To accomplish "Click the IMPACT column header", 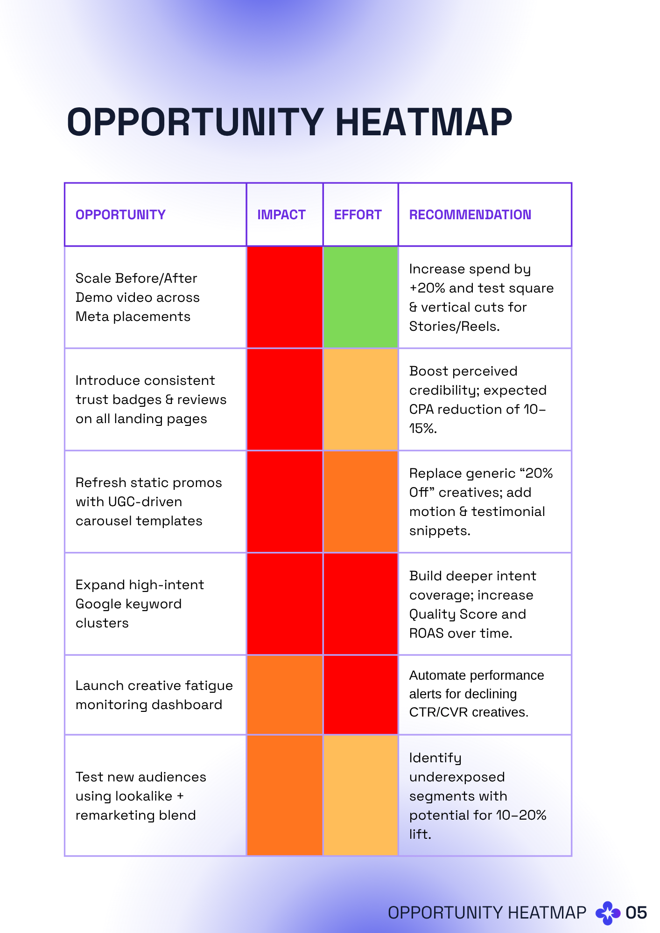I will pos(281,215).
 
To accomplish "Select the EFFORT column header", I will pos(358,215).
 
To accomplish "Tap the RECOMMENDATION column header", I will pos(470,215).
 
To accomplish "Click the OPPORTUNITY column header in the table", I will pos(120,215).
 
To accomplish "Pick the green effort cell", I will pos(360,297).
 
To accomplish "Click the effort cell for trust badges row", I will pos(360,399).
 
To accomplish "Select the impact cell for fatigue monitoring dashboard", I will pos(285,695).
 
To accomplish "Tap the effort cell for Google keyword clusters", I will pos(360,604).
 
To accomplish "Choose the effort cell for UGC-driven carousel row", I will pos(360,501).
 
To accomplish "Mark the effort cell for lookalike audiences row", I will pos(360,795).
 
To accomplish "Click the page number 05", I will pos(636,912).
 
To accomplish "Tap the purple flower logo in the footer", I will pos(608,913).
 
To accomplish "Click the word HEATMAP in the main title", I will pos(423,122).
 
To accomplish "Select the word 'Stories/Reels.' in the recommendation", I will pos(454,327).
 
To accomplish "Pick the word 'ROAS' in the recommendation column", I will pos(426,634).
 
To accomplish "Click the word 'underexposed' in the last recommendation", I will pos(457,777).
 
